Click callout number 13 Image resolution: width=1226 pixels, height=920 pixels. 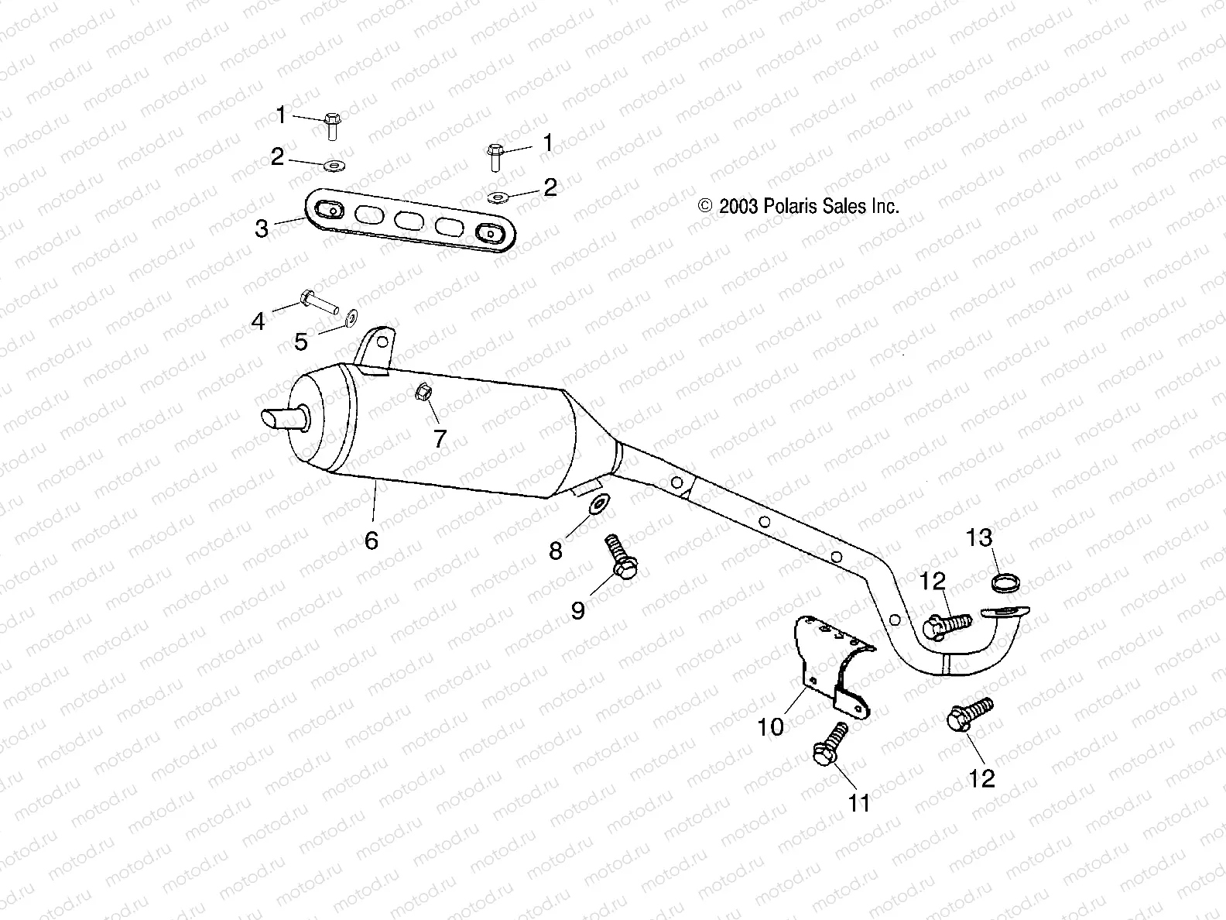point(979,537)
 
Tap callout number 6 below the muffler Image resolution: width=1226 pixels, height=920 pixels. point(372,541)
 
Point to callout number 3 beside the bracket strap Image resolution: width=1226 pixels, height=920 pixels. point(262,228)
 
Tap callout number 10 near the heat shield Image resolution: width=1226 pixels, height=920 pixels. point(771,726)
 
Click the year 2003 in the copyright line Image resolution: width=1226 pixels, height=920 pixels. point(739,207)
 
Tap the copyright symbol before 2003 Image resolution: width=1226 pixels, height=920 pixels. point(705,207)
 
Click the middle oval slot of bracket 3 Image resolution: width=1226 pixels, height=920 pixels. point(409,221)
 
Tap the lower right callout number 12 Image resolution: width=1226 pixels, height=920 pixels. point(981,778)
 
